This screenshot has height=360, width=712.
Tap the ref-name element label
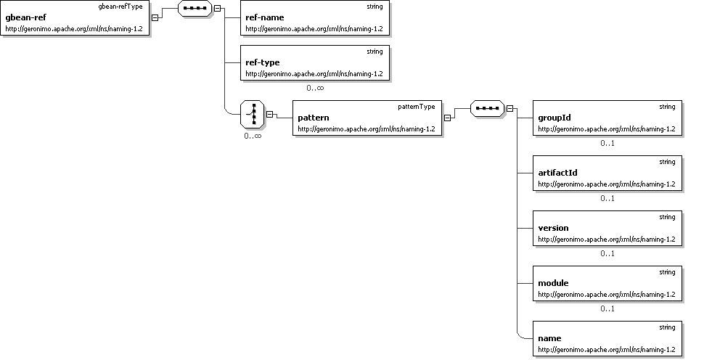264,17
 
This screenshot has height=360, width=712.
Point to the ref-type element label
263,62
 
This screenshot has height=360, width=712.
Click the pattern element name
314,118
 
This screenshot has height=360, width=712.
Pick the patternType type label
417,106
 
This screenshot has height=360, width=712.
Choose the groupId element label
555,118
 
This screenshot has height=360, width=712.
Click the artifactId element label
558,173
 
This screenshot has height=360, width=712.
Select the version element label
553,228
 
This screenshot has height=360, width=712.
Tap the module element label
553,283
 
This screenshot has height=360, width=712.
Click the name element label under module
549,338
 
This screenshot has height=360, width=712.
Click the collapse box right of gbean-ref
155,17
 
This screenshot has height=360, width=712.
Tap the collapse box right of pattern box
448,118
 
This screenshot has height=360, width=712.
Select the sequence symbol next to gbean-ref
194,9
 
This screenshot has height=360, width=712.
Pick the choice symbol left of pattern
252,113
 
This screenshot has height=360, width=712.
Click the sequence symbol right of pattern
487,109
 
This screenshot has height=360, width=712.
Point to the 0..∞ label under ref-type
315,88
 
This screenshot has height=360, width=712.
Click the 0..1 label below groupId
607,143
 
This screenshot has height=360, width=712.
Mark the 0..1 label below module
607,308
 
